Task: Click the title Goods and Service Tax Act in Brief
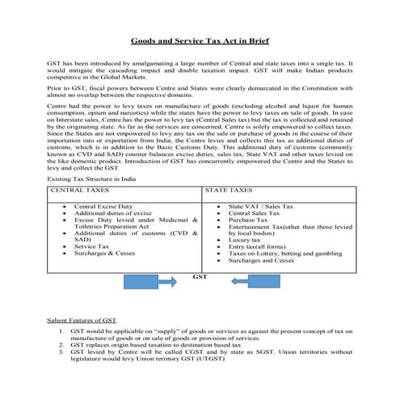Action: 200,40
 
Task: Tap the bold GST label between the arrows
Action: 200,276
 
